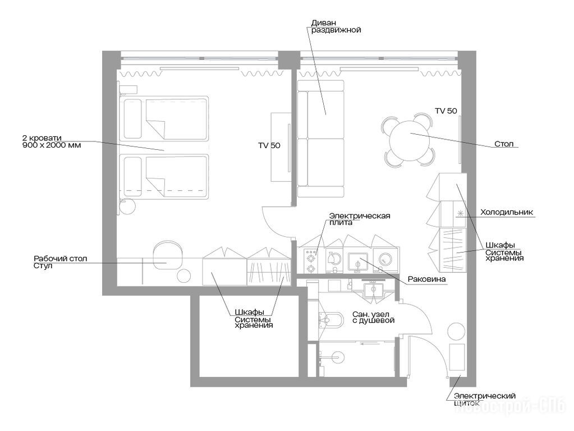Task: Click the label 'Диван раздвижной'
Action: pos(336,26)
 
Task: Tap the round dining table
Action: pos(409,141)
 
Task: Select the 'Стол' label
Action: pos(504,144)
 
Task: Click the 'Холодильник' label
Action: pos(507,212)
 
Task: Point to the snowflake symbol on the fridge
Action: pos(460,213)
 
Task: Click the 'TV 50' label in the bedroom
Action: pos(269,145)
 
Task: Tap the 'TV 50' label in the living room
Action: pos(446,111)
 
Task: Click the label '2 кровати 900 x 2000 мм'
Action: pos(52,141)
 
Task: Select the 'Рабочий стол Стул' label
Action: pos(61,262)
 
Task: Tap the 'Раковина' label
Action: pos(427,279)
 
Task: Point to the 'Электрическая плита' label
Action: pos(360,219)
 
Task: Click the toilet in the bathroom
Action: pos(331,320)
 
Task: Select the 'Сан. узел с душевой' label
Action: pos(373,317)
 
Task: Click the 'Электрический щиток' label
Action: pos(485,399)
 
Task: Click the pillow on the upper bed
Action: pos(132,118)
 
